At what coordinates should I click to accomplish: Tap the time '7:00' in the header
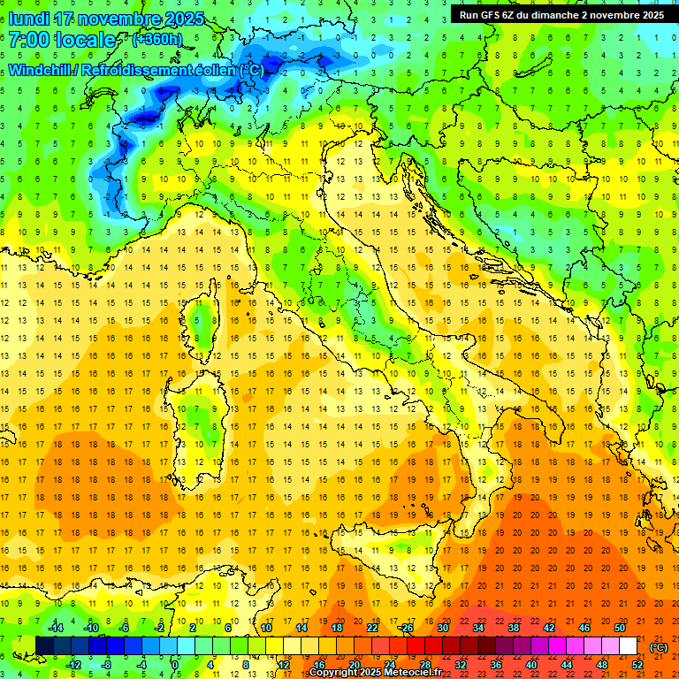coord(32,41)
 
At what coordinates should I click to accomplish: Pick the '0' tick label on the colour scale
coord(176,665)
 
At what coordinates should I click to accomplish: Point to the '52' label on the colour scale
coord(638,665)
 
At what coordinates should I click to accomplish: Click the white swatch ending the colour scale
coord(629,646)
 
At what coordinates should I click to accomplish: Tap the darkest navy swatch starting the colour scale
coord(44,646)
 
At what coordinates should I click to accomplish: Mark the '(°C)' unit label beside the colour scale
coord(659,646)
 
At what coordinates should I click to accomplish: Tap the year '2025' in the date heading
coord(184,19)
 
